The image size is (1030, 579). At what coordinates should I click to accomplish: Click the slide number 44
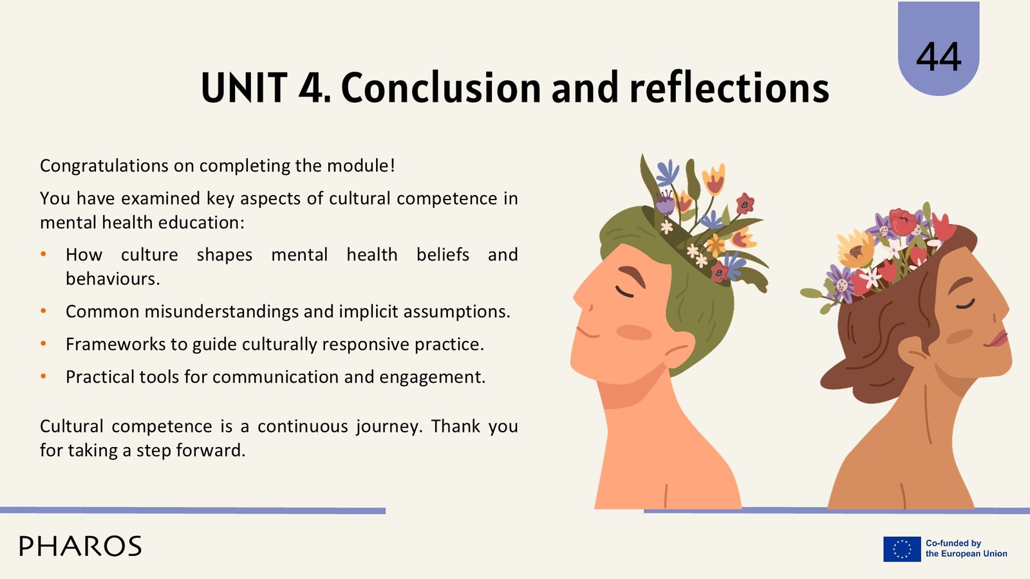pos(939,57)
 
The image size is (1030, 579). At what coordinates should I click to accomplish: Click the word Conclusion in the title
pos(441,87)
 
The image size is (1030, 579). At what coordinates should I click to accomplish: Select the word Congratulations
pos(104,166)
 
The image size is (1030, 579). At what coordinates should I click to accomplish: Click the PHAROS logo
pos(80,546)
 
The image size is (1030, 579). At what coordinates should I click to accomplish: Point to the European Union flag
pos(902,549)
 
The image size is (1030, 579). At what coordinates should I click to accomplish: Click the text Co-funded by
pos(953,543)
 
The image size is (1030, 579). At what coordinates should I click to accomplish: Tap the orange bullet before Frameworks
pos(44,344)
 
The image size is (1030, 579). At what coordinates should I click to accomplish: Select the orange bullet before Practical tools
pos(44,376)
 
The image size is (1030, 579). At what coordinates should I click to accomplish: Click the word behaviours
pos(113,279)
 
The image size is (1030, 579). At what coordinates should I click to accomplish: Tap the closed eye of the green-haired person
pos(624,292)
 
